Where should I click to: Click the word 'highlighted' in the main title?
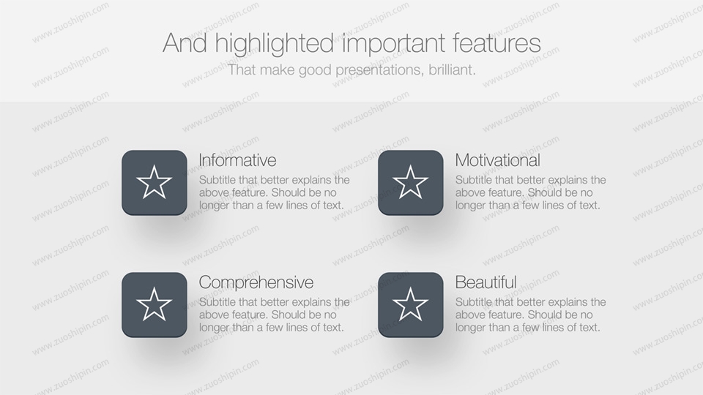[x=275, y=44]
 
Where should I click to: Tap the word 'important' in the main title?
[x=394, y=44]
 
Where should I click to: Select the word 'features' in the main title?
[x=496, y=42]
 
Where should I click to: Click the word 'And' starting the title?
[x=185, y=43]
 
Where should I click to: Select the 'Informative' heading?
[x=237, y=160]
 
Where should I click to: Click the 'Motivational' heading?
[x=498, y=160]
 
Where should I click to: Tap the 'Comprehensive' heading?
[x=256, y=282]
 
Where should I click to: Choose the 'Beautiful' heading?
[x=486, y=282]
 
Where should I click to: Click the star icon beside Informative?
[x=155, y=182]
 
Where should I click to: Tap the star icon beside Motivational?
[x=410, y=182]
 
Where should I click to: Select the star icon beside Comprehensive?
[x=155, y=304]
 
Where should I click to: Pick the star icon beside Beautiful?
[x=410, y=304]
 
